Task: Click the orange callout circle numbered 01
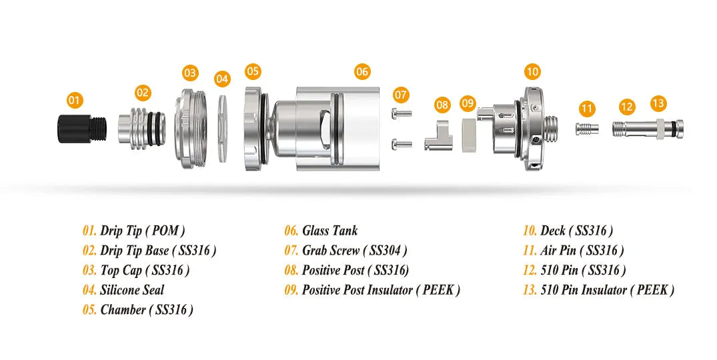click(74, 100)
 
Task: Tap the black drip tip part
click(82, 129)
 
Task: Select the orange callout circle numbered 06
click(362, 72)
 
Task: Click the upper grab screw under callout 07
click(402, 113)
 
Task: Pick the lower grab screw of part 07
click(402, 145)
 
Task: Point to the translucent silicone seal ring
click(222, 128)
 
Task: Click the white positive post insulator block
click(468, 135)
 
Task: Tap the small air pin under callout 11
click(587, 129)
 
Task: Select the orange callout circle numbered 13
click(658, 103)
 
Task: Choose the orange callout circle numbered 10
click(532, 72)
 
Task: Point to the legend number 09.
click(291, 289)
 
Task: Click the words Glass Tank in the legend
click(329, 231)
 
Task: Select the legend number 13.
click(530, 289)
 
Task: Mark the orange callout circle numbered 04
click(222, 79)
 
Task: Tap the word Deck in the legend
click(553, 231)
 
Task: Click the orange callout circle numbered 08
click(442, 105)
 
